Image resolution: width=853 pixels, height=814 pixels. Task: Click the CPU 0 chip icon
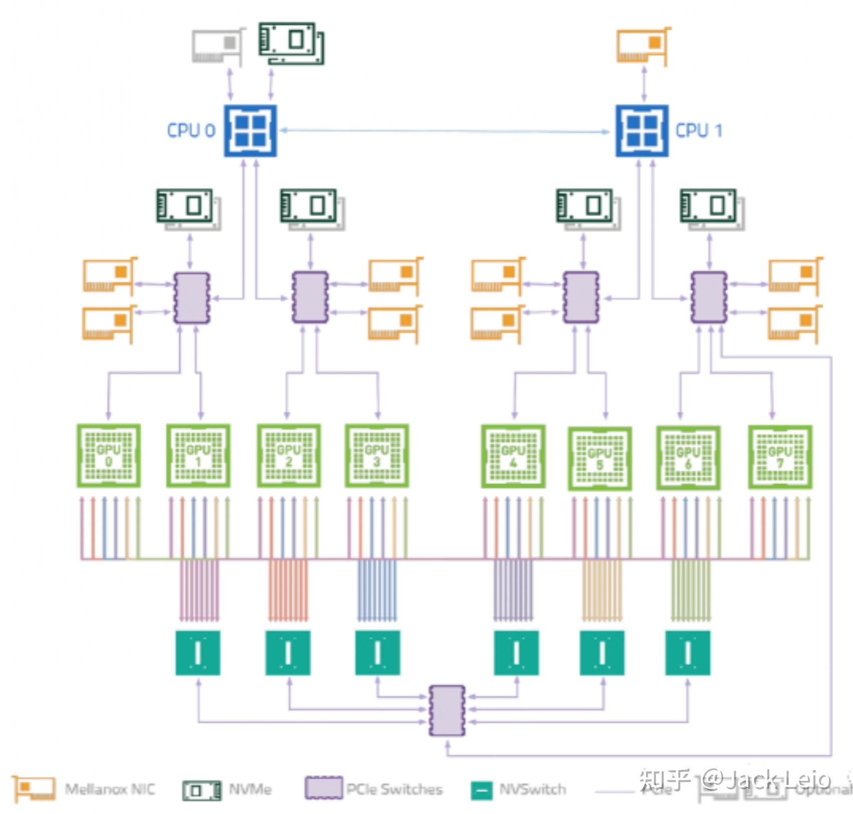point(250,131)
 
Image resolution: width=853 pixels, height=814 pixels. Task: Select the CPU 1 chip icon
point(642,131)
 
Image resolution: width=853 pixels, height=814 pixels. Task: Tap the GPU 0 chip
point(109,456)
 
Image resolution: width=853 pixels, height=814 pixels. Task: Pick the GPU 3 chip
point(377,456)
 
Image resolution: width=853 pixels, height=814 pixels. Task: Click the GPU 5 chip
point(600,459)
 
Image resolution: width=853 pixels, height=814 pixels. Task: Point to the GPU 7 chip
point(780,457)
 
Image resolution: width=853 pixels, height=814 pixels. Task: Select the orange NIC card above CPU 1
point(643,45)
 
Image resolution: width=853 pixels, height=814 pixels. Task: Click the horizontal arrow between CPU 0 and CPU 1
point(445,131)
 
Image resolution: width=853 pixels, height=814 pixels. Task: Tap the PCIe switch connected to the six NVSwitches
point(447,710)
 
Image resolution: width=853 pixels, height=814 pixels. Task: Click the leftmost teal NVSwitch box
point(198,653)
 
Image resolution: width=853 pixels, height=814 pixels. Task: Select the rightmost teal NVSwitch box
point(687,653)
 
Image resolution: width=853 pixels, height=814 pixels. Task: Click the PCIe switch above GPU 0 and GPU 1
point(191,298)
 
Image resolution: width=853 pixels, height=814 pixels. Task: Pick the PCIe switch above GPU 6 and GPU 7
point(708,298)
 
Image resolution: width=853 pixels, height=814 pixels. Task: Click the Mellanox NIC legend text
point(110,789)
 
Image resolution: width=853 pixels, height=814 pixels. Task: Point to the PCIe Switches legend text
point(394,789)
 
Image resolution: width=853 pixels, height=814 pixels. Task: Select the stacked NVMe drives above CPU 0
point(291,43)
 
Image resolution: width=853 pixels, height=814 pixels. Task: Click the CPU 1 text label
point(698,131)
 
